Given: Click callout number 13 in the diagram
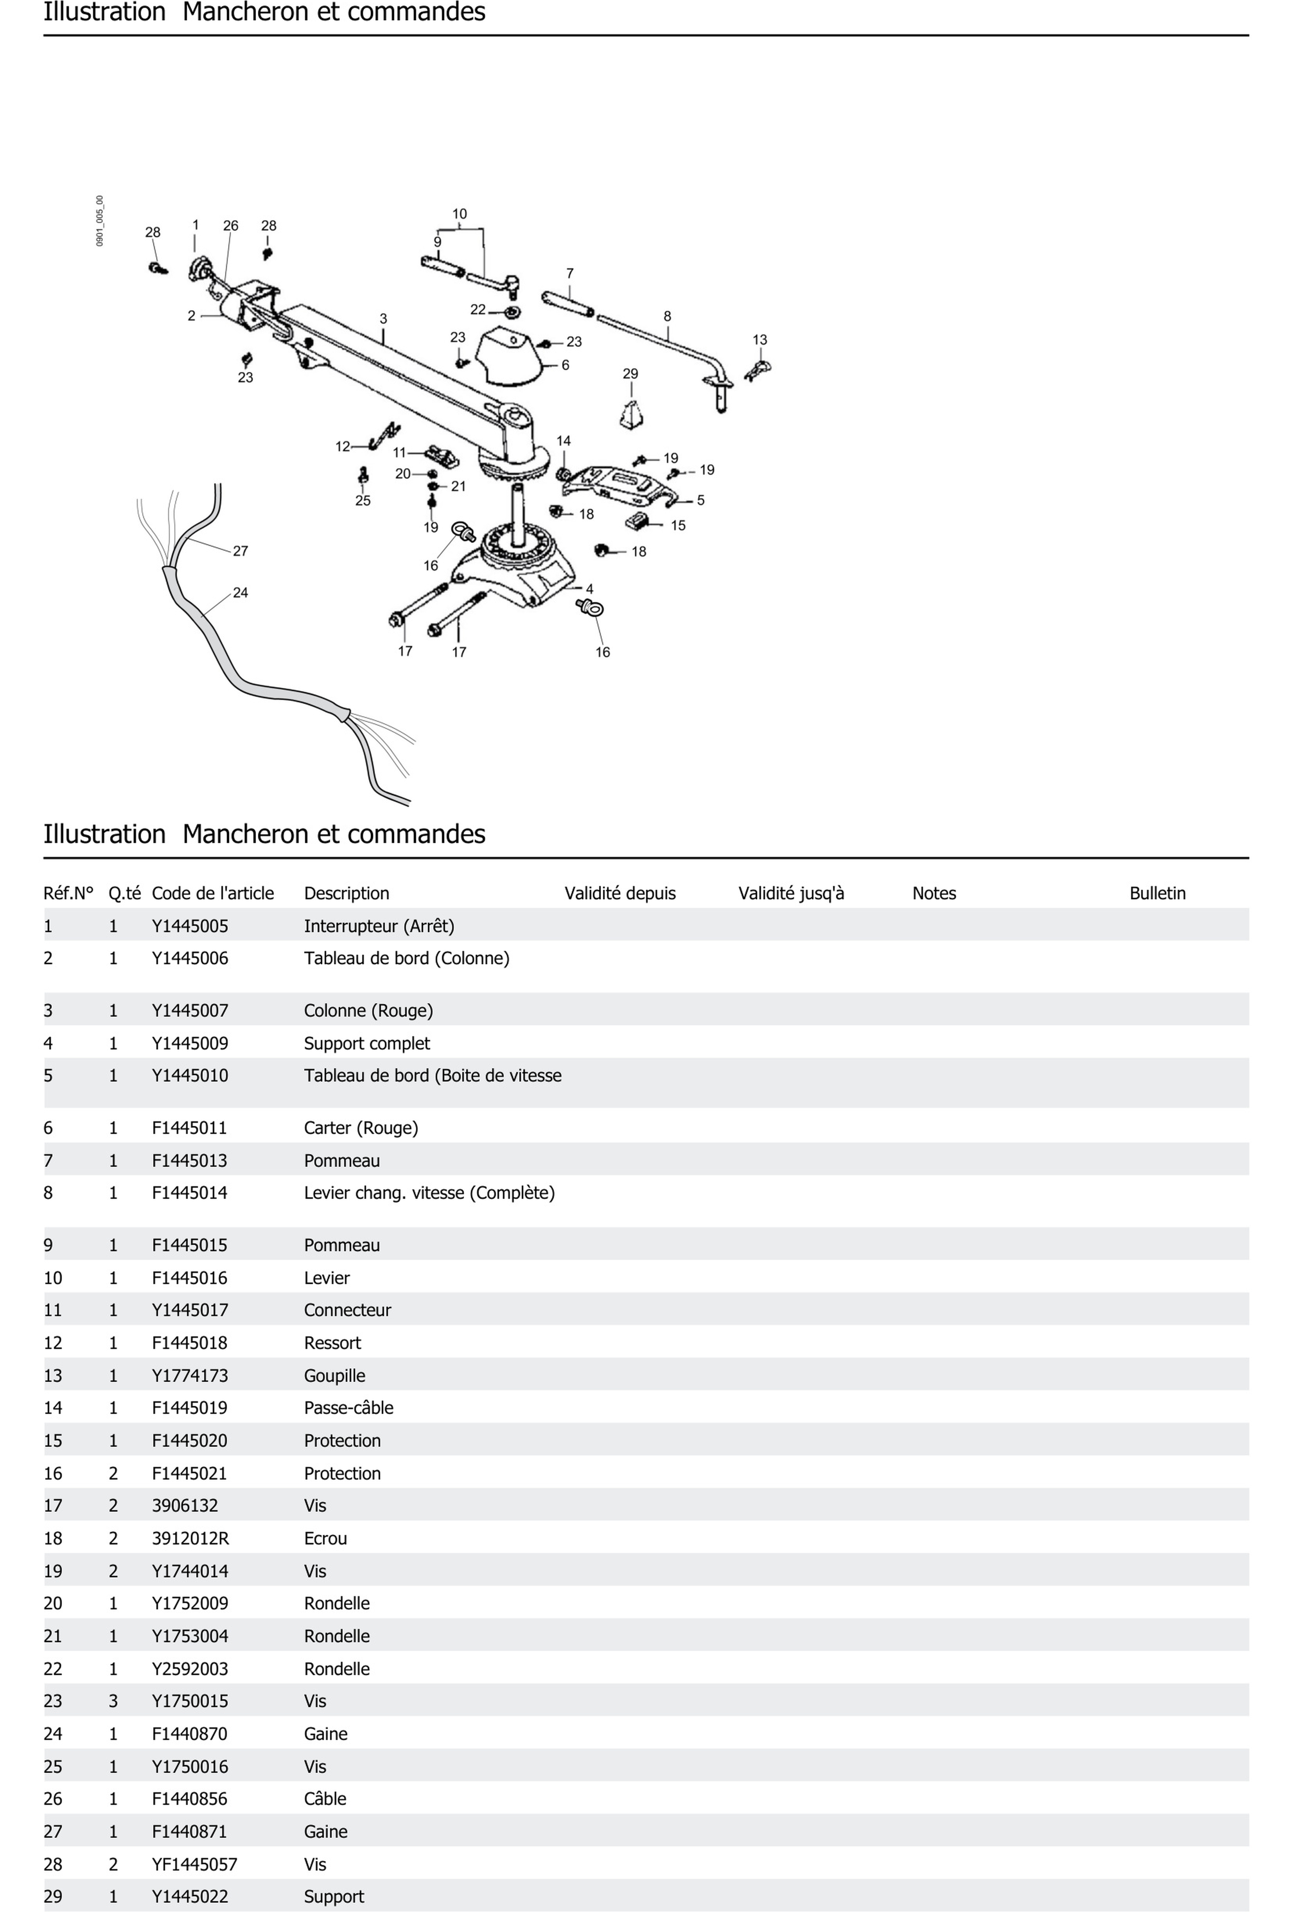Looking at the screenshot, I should tap(759, 340).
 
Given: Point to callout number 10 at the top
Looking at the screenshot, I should tap(459, 214).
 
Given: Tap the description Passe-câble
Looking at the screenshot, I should tap(348, 1408).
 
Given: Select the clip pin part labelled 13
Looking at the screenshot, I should tap(758, 369).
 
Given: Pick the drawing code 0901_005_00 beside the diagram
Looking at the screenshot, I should tap(100, 221).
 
